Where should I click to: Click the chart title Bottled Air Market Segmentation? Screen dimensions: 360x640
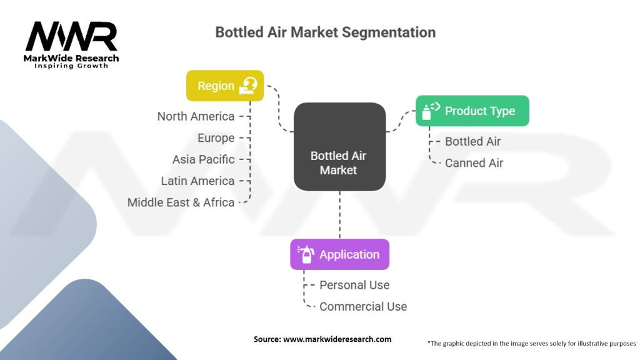tap(325, 32)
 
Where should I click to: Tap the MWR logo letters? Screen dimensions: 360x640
tap(71, 37)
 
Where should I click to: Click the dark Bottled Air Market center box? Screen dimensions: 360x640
tap(339, 146)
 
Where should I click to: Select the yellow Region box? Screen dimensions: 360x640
tap(224, 86)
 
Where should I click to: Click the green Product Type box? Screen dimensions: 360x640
tap(472, 111)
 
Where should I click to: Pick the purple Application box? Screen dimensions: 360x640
tap(339, 254)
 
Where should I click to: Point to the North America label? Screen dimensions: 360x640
tap(196, 116)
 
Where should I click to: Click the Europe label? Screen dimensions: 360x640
tap(216, 138)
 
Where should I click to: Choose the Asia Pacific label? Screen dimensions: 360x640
tap(203, 159)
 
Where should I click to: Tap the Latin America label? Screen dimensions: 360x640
tap(197, 181)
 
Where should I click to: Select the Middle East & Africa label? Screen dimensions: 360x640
tap(181, 202)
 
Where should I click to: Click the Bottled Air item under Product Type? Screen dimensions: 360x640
tap(472, 141)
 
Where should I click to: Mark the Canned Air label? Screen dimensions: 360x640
tap(474, 163)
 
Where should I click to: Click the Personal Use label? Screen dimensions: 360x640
tap(354, 285)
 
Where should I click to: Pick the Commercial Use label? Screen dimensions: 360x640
tap(362, 307)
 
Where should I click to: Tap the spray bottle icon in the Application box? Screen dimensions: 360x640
tap(306, 254)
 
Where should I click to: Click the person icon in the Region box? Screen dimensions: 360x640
tap(248, 86)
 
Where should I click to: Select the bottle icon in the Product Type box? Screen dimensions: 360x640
tap(430, 111)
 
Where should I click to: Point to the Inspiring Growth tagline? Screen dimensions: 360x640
tap(71, 66)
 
